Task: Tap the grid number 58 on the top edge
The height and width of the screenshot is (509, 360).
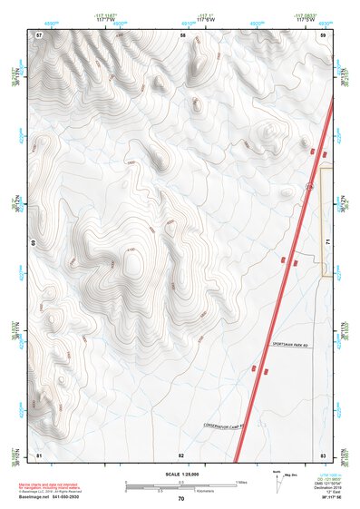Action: (182, 34)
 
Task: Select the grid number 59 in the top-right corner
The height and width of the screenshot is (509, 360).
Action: (324, 34)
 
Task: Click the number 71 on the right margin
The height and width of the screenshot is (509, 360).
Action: (326, 243)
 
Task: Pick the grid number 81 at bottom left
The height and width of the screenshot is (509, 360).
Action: (39, 454)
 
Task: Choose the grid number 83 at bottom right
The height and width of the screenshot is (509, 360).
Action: (323, 454)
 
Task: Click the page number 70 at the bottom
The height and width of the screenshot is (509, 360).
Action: (180, 499)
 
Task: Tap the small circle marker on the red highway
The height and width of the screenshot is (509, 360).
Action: (309, 186)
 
